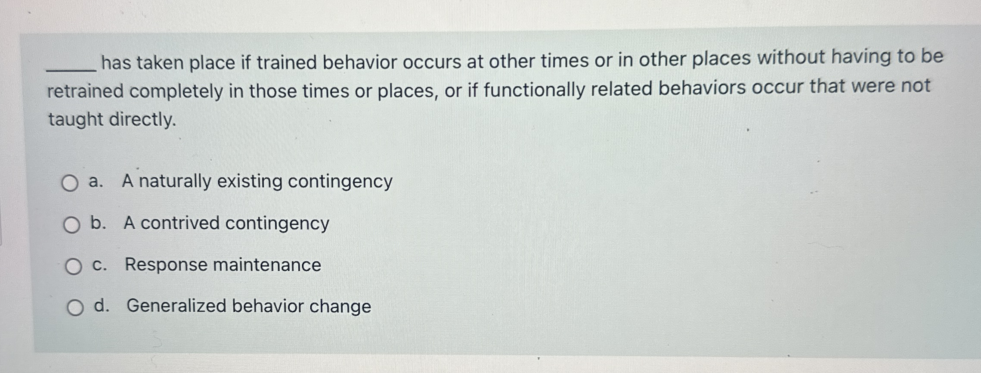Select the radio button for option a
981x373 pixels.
coord(69,183)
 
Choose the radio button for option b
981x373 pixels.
coord(71,225)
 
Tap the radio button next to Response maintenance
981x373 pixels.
coord(73,267)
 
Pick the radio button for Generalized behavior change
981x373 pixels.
coord(75,308)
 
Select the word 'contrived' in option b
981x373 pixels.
coord(180,223)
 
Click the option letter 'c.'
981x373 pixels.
coord(99,265)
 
